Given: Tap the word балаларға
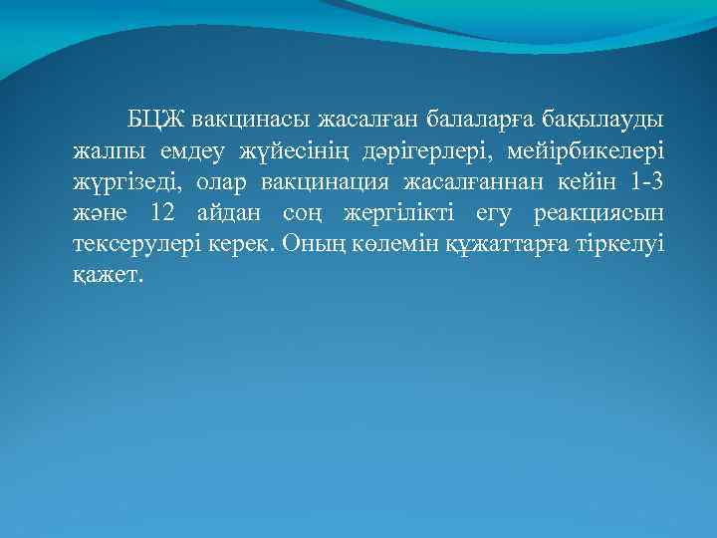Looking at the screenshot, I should coord(481,122).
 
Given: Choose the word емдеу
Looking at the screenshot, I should coord(189,152).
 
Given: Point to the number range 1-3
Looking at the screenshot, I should coord(644,183).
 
